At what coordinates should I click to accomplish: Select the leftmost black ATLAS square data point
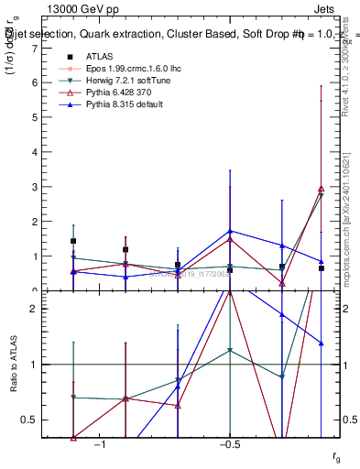[x=73, y=242]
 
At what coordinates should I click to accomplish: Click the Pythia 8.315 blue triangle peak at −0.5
[x=230, y=231]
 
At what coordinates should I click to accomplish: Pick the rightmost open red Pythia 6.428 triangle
[x=321, y=189]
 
